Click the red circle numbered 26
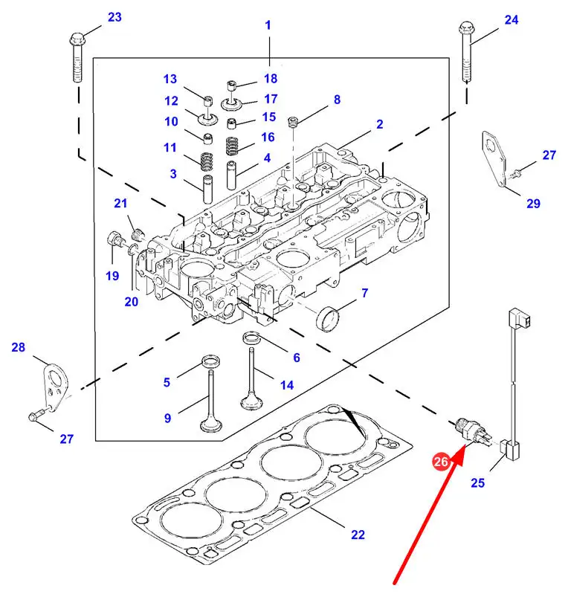point(441,462)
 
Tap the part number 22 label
point(358,534)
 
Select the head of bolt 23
point(76,39)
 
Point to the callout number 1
point(268,25)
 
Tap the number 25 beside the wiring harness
point(477,483)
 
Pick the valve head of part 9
point(211,426)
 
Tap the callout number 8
point(336,99)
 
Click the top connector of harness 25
point(517,320)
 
